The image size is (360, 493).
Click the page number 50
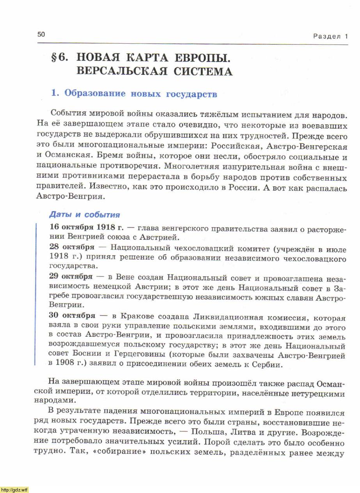tap(41, 34)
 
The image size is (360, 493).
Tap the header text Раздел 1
tap(330, 36)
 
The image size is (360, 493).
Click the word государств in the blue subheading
tap(192, 94)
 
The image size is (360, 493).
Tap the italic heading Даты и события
tap(84, 215)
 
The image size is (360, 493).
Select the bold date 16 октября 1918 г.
tap(87, 227)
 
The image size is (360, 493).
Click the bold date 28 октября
tap(72, 247)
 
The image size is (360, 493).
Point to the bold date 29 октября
tap(71, 277)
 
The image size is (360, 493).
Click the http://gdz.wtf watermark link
tap(14, 490)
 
